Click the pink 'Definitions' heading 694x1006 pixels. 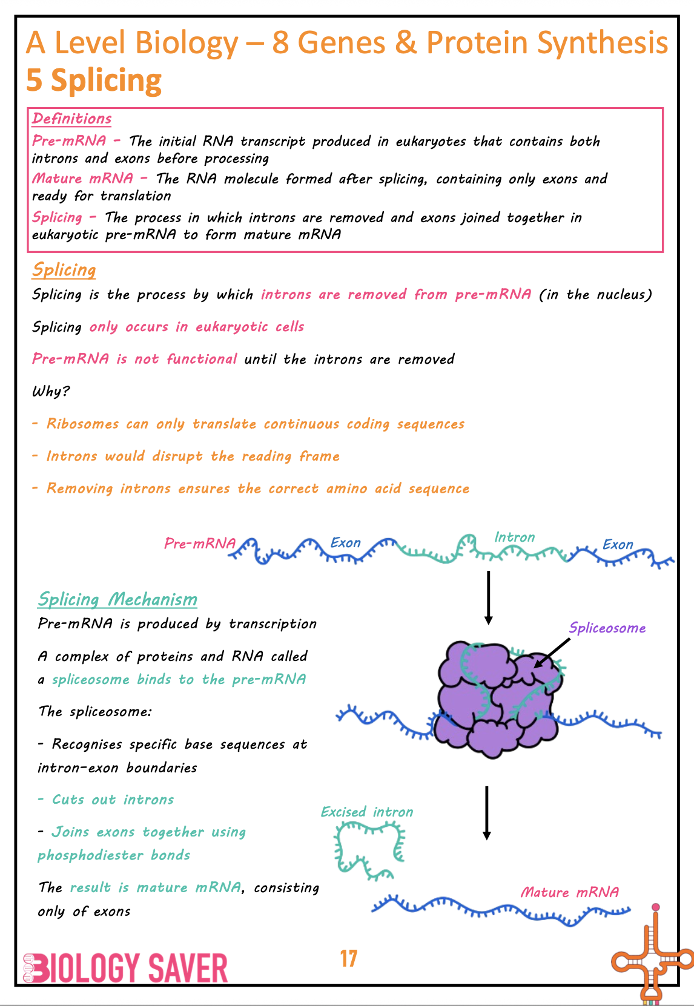(x=71, y=119)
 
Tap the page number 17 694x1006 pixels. (x=349, y=959)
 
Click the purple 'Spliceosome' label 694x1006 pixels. (x=607, y=628)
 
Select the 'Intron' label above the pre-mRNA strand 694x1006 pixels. (x=515, y=538)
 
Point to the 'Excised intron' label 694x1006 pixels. (x=367, y=812)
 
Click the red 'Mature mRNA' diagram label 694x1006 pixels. (x=570, y=892)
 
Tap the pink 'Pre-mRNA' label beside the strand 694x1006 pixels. (x=199, y=544)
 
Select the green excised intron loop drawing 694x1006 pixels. (x=368, y=850)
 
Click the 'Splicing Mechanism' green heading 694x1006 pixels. (x=117, y=599)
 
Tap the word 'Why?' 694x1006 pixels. (x=51, y=391)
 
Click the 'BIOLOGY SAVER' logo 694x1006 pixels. (x=126, y=968)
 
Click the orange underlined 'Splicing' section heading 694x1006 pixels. (x=64, y=270)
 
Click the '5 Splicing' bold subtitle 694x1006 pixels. (x=94, y=80)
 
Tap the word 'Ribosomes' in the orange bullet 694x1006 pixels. (x=82, y=424)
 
